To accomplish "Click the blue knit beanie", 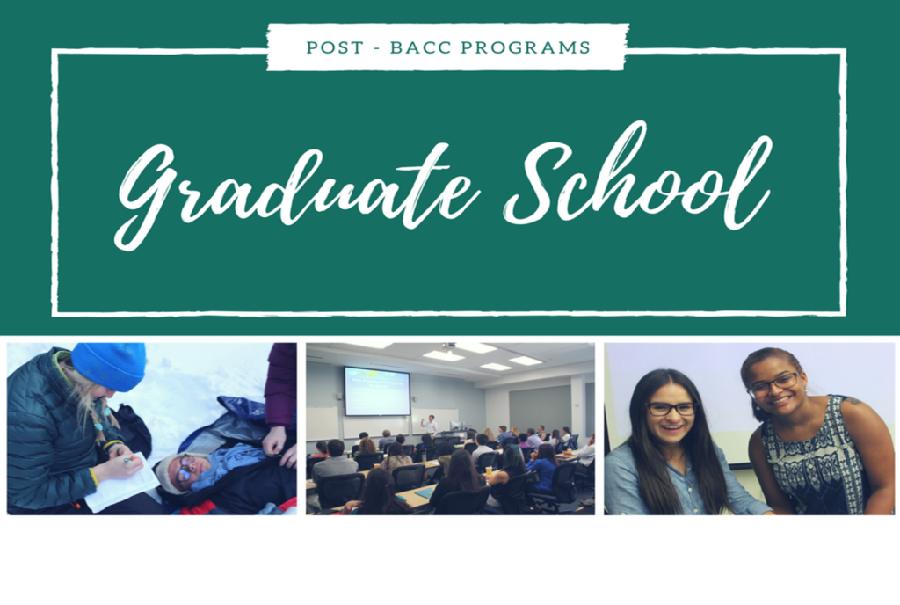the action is click(109, 365).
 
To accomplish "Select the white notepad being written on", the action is click(121, 482).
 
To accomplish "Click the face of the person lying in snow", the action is click(183, 470).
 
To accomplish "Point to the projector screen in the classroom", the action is click(376, 391).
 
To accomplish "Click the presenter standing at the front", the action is click(430, 425).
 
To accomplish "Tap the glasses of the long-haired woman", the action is click(671, 409).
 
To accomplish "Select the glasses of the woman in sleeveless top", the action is click(773, 384).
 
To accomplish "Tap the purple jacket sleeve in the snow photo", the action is click(281, 384).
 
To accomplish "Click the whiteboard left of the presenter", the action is click(323, 423).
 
